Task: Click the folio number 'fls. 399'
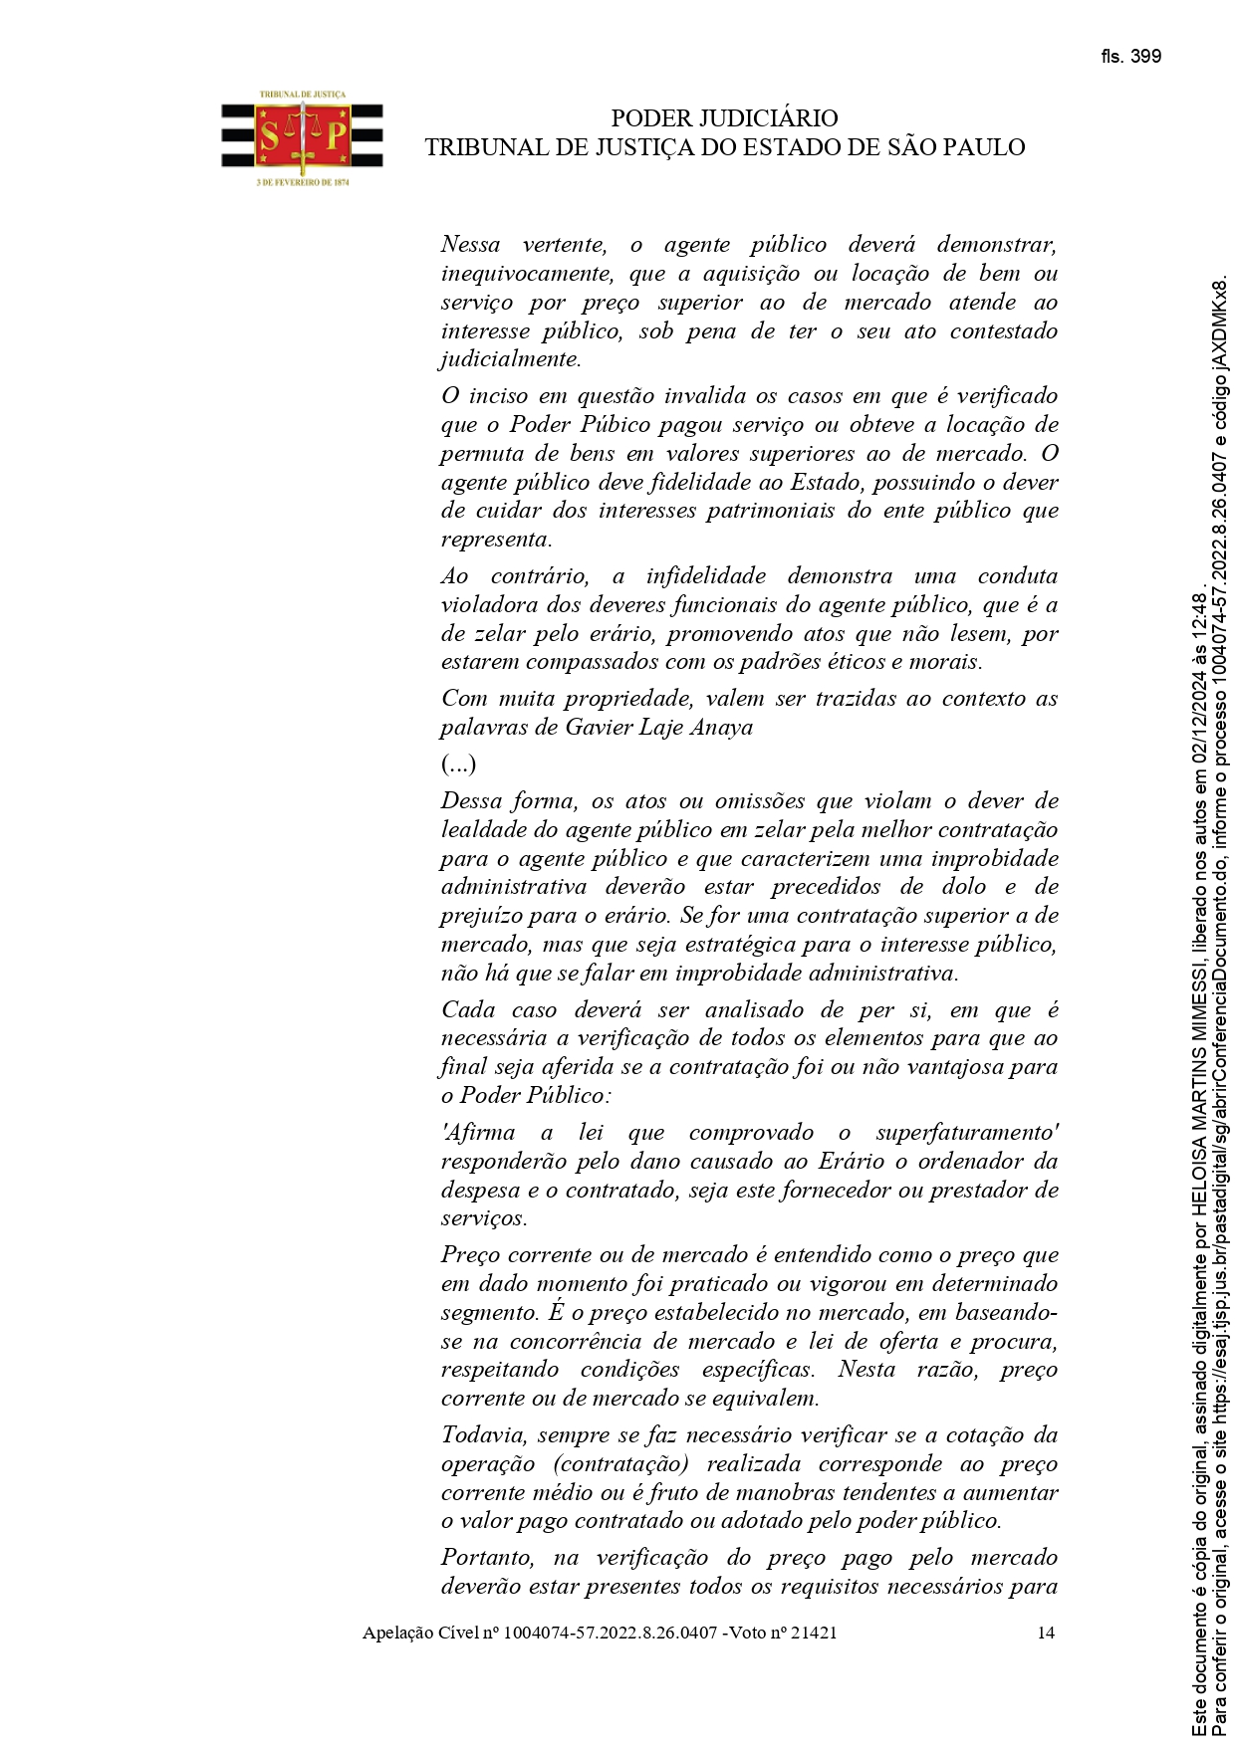coord(1130,57)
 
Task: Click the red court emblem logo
coord(302,135)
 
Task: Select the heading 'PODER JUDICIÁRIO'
coord(724,119)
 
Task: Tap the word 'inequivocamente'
coord(524,274)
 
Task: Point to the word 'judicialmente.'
coord(511,359)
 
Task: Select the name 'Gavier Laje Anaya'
coord(658,728)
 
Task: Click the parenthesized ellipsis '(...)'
coord(458,764)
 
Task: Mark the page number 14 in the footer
coord(1046,1633)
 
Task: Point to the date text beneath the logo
coord(302,183)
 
